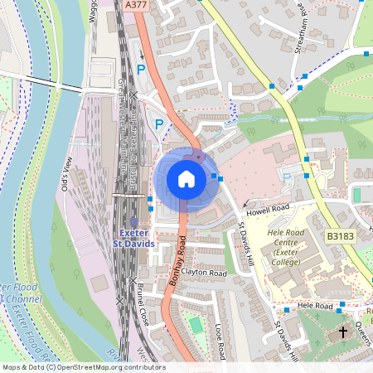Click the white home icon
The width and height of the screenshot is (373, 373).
(186, 178)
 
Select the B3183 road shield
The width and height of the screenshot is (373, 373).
(339, 236)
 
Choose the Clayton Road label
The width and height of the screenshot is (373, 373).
(206, 272)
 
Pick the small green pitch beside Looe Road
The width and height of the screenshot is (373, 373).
(195, 324)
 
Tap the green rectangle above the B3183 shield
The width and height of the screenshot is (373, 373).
(357, 195)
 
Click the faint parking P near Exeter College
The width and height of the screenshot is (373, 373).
(288, 177)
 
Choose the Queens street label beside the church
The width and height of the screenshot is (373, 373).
(361, 336)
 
